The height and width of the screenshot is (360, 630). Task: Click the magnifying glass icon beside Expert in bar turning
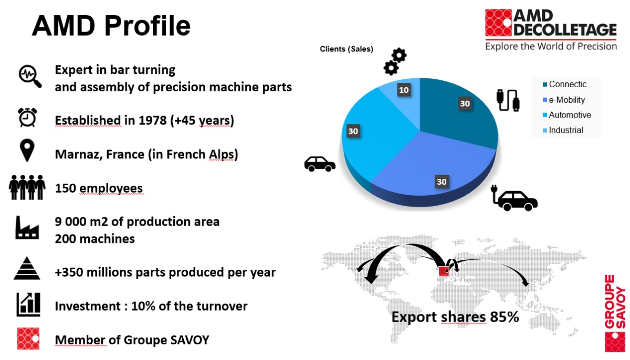click(30, 76)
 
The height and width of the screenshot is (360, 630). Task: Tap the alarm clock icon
click(27, 117)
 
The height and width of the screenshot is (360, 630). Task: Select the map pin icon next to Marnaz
click(27, 150)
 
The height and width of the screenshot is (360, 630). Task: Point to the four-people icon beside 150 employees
click(27, 187)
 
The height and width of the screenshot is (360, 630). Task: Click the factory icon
click(27, 228)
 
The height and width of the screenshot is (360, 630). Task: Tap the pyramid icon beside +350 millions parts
click(27, 268)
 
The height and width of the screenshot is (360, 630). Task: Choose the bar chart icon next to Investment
click(28, 304)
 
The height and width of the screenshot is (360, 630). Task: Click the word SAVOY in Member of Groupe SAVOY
click(190, 340)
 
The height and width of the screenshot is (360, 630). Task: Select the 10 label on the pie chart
click(404, 90)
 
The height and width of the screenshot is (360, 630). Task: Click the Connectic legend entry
click(564, 84)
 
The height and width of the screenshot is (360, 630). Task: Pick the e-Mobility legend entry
click(564, 100)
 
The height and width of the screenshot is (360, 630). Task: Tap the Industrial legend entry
click(563, 130)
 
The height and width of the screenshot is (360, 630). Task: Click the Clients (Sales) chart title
click(346, 49)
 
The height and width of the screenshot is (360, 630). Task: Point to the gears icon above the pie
click(395, 61)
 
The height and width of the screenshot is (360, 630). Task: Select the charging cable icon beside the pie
click(508, 100)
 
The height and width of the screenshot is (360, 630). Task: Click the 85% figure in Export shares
click(505, 317)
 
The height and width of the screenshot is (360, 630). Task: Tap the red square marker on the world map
click(444, 271)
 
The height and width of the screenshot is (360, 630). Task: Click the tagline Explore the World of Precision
click(551, 46)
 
